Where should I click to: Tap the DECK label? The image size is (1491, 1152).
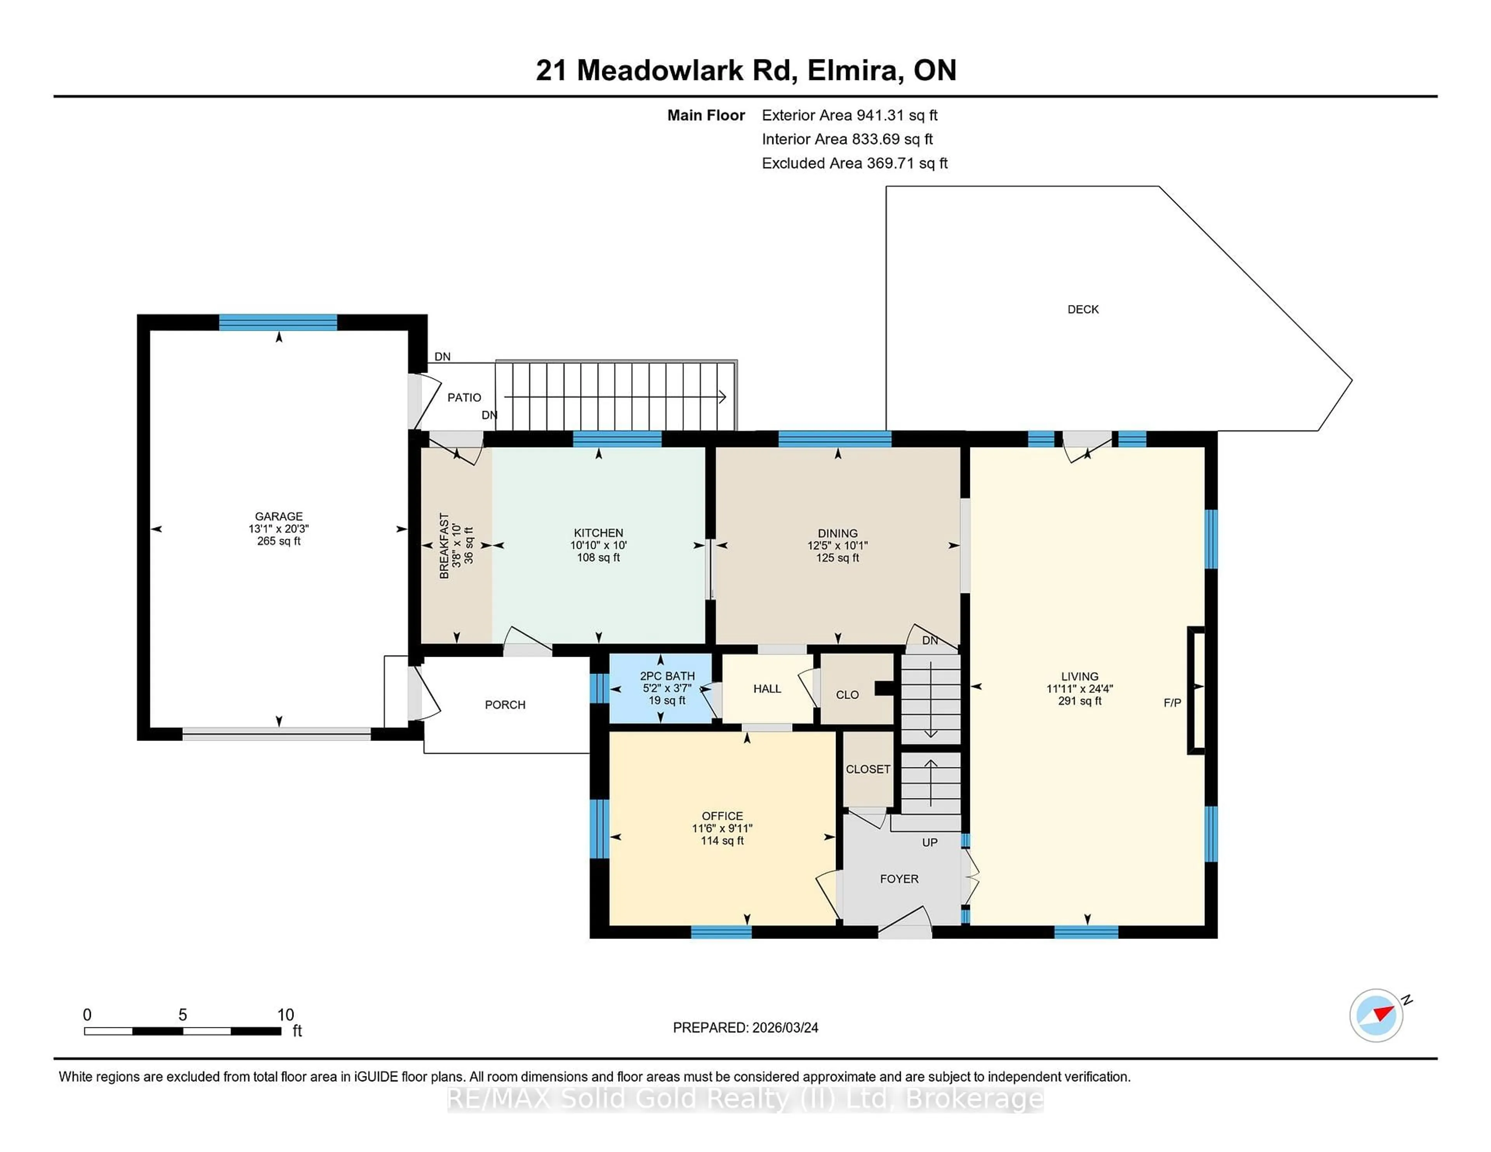(1083, 310)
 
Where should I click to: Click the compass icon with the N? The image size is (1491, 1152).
(1376, 1015)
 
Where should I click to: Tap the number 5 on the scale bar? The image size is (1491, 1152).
(182, 1015)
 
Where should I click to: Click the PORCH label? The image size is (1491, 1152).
(505, 705)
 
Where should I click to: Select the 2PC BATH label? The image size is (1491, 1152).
(667, 676)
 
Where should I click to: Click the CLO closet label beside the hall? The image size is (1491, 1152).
(847, 695)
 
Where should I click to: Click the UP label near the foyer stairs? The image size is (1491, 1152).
(929, 843)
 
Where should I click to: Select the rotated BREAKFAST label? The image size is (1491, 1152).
(445, 546)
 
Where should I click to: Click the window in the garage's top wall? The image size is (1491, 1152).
(278, 322)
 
